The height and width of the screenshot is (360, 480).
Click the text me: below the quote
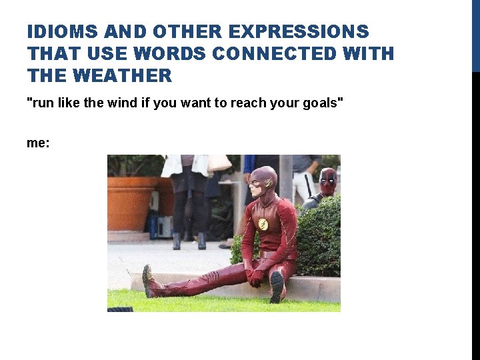coord(38,143)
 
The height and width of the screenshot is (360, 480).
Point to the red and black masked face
coord(328,180)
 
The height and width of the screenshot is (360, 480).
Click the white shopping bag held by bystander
coord(219,163)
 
